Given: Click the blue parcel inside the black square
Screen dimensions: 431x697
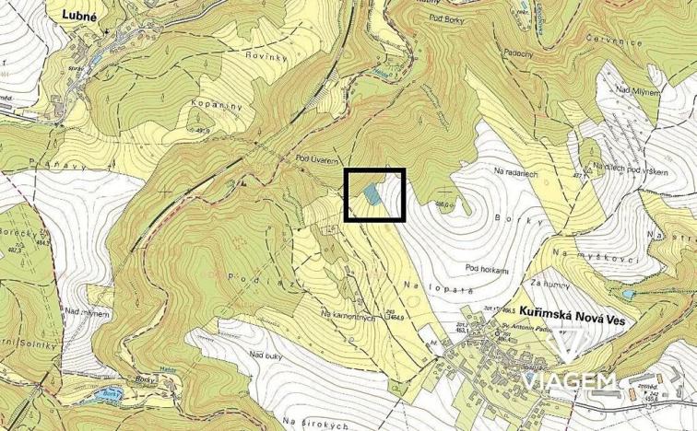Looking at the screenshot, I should coord(372,193).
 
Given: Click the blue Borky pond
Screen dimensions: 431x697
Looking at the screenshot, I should coord(110,395).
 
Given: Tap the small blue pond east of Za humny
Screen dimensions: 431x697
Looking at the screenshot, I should coord(628,294).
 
